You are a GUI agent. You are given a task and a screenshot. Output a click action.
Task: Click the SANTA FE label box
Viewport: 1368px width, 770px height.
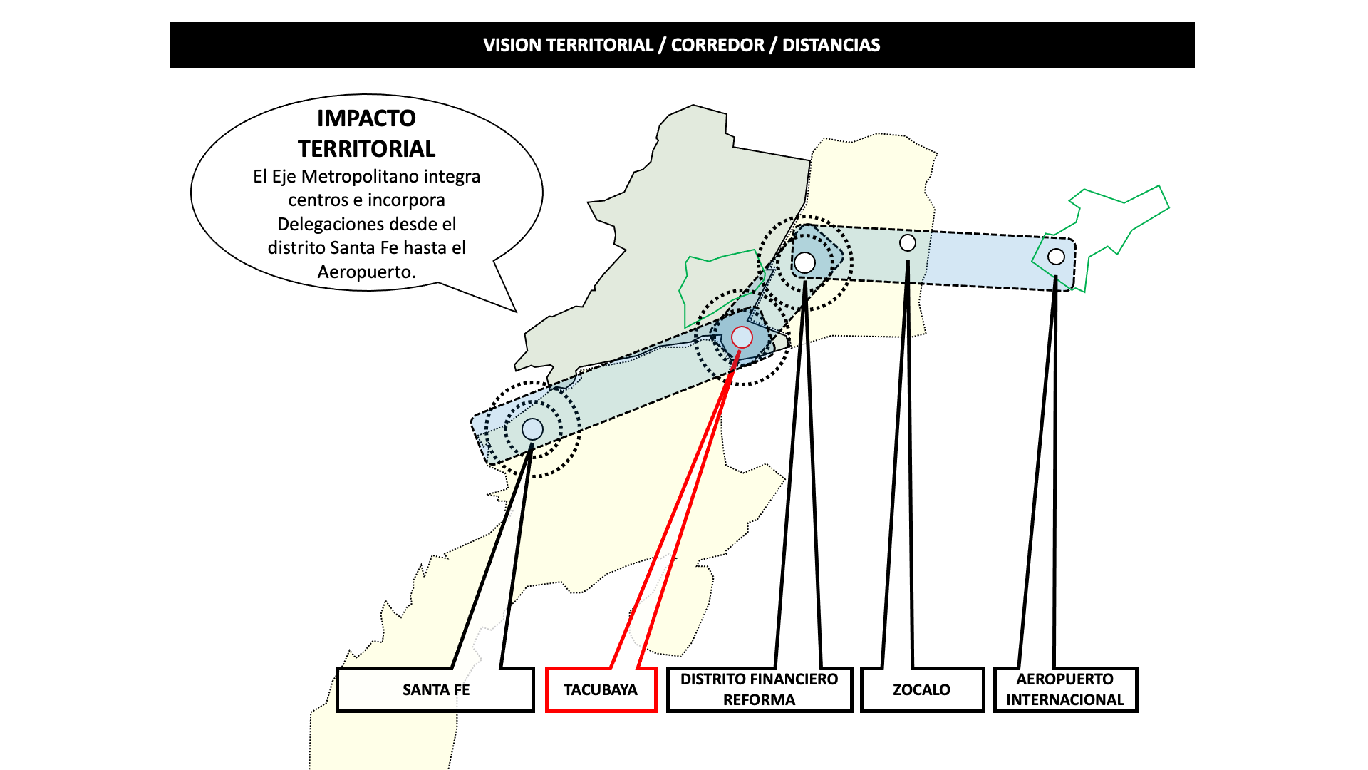coord(435,690)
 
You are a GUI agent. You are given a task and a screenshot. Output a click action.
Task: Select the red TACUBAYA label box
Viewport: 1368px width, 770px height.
coord(601,690)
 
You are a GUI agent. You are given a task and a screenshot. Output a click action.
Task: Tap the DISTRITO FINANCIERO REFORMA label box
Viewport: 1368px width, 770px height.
coord(759,689)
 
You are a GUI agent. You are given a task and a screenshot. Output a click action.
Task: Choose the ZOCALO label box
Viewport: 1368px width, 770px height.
coord(921,690)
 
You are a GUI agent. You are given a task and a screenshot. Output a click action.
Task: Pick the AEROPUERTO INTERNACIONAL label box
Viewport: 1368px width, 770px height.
coord(1064,689)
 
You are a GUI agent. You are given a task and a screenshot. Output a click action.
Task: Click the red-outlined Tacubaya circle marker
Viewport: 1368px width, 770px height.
coord(742,337)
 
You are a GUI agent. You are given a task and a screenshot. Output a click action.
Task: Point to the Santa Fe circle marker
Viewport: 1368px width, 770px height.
coord(532,429)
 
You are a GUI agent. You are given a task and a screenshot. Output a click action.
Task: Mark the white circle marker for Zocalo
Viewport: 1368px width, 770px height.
coord(907,243)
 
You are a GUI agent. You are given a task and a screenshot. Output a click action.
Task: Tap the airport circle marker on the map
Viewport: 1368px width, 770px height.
coord(1056,257)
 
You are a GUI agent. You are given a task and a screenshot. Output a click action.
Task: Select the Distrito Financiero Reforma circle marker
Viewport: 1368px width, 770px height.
coord(804,262)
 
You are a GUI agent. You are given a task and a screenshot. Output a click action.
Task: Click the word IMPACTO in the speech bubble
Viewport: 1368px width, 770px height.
coord(366,118)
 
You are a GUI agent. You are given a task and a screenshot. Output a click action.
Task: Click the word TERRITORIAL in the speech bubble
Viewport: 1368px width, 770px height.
coord(366,149)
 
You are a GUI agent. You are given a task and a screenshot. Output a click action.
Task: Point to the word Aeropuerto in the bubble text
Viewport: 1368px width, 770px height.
coord(366,272)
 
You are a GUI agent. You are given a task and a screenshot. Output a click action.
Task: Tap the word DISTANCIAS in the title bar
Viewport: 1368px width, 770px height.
coord(831,46)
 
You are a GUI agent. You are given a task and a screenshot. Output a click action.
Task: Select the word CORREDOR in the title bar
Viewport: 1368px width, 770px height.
coord(717,46)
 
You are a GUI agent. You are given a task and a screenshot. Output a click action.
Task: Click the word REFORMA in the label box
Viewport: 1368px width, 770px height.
coord(759,700)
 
